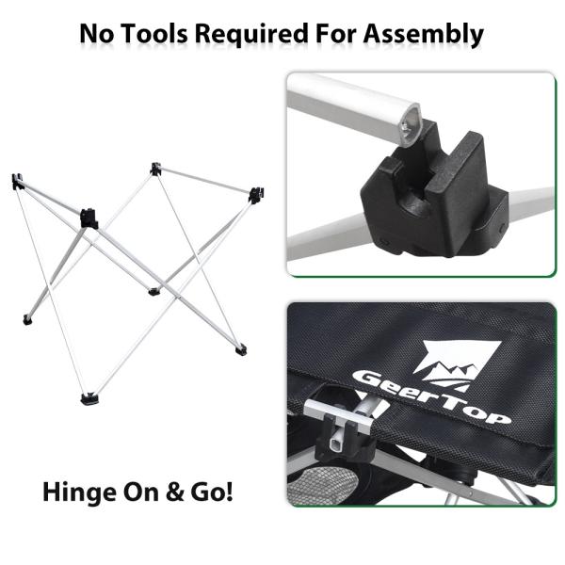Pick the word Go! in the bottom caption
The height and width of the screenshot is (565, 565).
209,492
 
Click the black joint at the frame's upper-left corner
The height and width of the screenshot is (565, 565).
17,181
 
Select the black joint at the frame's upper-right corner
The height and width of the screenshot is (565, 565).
253,195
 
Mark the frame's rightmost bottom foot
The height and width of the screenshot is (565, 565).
241,349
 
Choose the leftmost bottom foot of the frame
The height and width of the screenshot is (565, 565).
27,320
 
